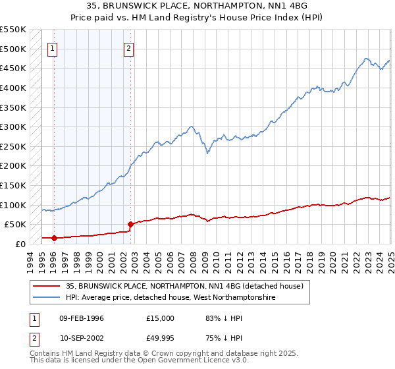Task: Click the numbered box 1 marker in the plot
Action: coord(52,47)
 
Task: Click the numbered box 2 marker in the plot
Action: coord(129,47)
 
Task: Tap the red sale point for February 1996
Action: coord(54,238)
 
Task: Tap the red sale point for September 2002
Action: coord(130,224)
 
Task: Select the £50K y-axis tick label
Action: coord(15,225)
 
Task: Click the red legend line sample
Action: coord(46,286)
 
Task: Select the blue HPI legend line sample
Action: coord(46,298)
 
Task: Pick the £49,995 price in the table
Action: coord(161,337)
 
